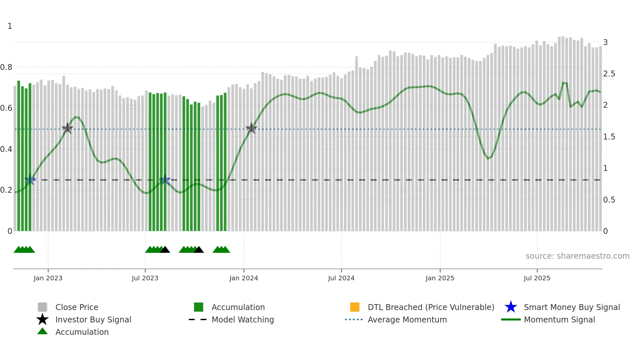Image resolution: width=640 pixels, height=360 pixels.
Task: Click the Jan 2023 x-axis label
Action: pos(48,278)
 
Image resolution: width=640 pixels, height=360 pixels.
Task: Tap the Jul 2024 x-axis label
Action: pos(341,278)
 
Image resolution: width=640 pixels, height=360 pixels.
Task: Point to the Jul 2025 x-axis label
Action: pos(537,278)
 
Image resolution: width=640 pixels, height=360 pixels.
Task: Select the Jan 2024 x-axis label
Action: pos(244,278)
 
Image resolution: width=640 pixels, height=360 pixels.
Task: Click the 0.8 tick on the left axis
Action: pos(6,67)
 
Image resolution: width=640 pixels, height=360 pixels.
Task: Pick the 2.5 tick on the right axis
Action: pos(609,74)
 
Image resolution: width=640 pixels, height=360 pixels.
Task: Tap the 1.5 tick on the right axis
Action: pos(609,137)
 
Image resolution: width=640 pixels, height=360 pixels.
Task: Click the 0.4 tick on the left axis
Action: pos(6,149)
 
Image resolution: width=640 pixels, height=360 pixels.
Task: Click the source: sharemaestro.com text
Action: pos(577,256)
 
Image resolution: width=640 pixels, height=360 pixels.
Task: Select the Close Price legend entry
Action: pos(77,307)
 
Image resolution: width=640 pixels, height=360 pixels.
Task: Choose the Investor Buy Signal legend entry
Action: pos(93,320)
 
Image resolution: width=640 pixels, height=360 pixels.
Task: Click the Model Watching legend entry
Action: pos(243,320)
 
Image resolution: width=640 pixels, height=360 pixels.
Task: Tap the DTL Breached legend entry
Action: pos(431,307)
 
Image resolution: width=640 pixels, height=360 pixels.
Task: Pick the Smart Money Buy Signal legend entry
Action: pos(571,307)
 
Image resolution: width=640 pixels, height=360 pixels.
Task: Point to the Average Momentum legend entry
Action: pos(407,320)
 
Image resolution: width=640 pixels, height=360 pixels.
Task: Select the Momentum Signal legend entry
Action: pos(559,320)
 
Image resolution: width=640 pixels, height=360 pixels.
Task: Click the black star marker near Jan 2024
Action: pos(251,128)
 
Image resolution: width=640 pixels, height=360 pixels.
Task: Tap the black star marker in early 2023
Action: pos(67,128)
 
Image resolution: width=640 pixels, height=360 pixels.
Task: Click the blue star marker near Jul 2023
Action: pos(165,180)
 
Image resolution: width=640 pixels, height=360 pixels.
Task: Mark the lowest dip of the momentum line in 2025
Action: pos(488,159)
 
